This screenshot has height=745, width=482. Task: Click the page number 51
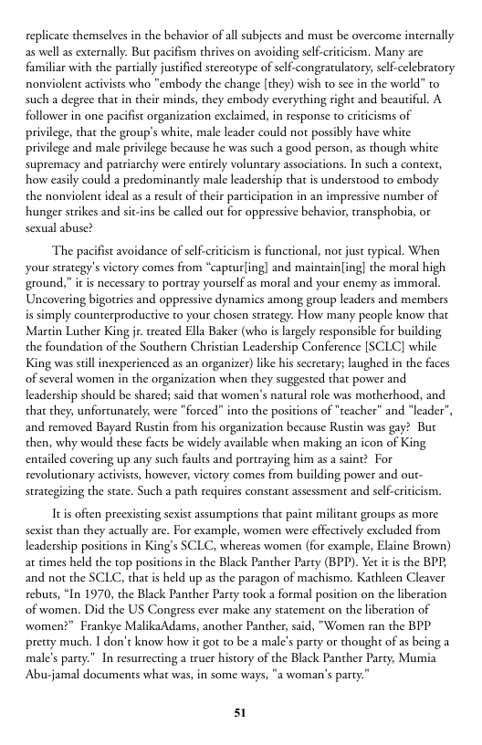[241, 712]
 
